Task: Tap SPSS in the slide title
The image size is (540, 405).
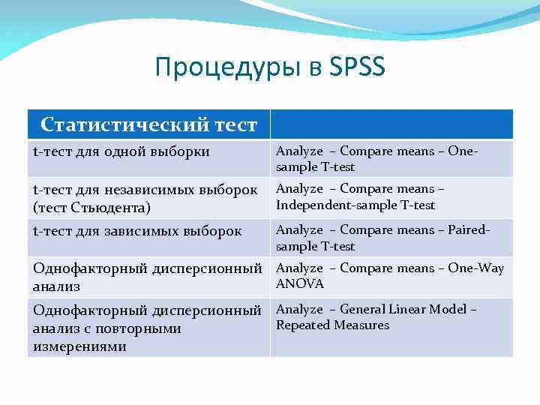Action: [x=357, y=67]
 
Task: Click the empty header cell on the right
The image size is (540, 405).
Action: [x=391, y=124]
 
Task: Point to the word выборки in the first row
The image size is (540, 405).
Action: [x=179, y=152]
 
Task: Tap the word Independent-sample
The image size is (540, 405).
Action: [x=324, y=205]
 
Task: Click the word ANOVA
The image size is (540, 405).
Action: [x=300, y=284]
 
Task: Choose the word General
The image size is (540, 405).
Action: [x=364, y=309]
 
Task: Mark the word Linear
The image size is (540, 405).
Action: [x=409, y=309]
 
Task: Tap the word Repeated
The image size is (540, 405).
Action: [x=301, y=325]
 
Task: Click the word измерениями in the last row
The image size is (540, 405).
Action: [x=80, y=347]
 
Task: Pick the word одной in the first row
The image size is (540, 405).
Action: [x=121, y=152]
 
